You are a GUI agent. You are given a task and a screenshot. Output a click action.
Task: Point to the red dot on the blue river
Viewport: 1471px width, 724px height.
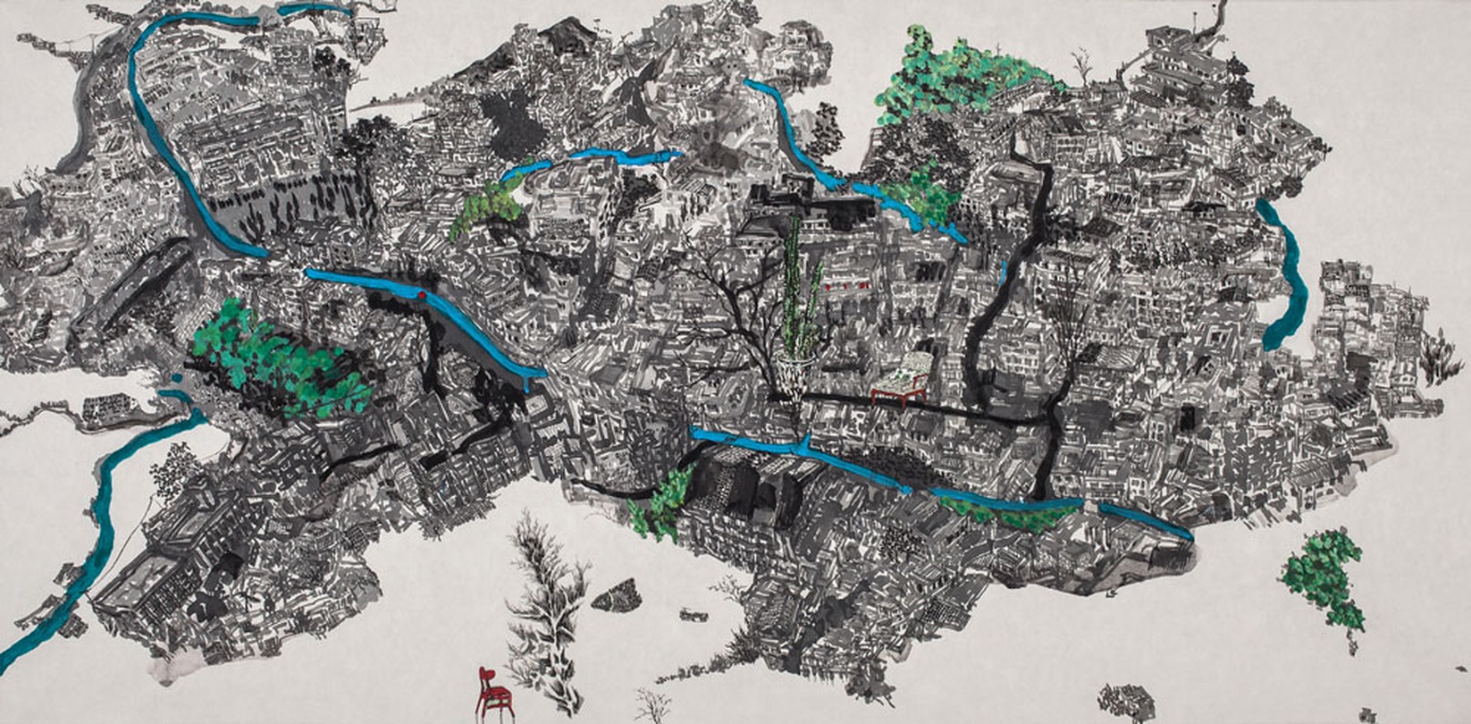point(421,293)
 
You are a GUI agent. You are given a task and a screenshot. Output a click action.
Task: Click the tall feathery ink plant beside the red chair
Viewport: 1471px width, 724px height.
point(547,608)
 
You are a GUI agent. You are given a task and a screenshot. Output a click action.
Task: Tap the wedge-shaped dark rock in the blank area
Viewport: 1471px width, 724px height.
point(617,594)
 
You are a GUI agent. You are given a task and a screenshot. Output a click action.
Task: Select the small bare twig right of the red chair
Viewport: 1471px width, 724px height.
point(651,706)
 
